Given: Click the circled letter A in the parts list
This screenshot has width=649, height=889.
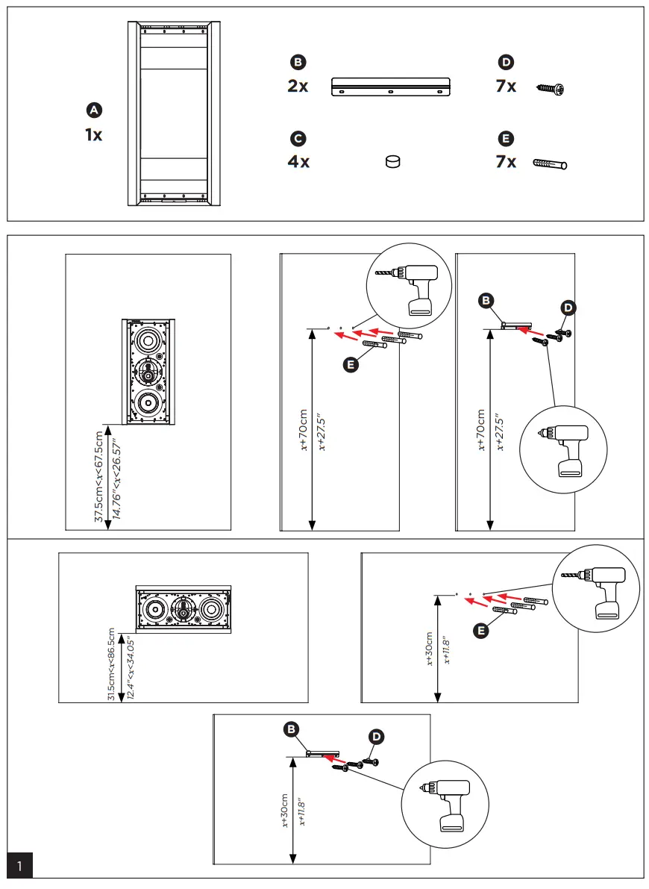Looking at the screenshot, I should click(x=94, y=110).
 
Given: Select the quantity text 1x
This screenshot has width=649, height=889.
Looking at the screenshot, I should click(x=94, y=135).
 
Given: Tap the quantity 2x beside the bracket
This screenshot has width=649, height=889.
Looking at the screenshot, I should click(x=298, y=87).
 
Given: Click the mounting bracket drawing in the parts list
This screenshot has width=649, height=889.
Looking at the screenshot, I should click(x=390, y=87).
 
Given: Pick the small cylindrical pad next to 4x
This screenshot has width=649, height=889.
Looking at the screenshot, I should click(x=392, y=161).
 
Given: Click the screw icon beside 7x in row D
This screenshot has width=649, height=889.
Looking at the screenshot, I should click(x=551, y=89).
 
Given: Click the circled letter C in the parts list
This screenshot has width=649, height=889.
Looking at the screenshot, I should click(x=298, y=138).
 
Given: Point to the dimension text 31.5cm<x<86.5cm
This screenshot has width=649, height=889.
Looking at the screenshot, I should click(x=112, y=664).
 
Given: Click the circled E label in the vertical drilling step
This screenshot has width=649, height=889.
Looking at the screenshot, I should click(x=351, y=364).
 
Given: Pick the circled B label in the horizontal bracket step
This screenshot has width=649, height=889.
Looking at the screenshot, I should click(x=292, y=728).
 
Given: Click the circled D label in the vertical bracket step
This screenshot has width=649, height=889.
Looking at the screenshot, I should click(x=569, y=307).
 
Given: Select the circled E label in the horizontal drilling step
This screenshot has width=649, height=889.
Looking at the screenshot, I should click(x=482, y=631).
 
